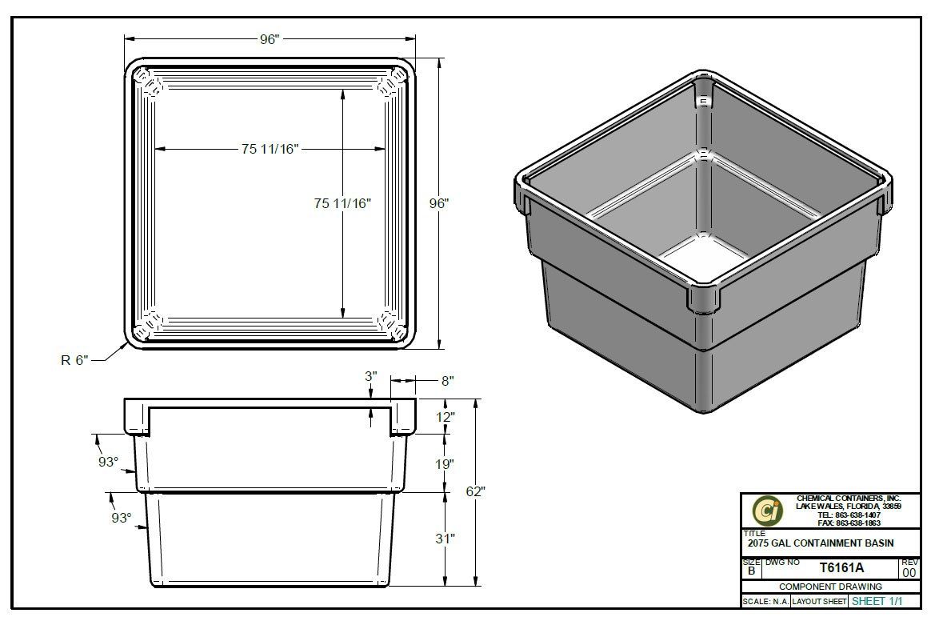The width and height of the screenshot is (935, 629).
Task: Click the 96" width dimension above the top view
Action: coord(270,39)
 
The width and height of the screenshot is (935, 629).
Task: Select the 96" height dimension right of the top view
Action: coord(439,203)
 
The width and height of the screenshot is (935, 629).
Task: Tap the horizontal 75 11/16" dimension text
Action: coord(270,149)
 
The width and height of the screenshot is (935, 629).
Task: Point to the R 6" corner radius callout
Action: coord(76,360)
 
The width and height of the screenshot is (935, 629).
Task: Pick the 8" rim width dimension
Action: coord(446,382)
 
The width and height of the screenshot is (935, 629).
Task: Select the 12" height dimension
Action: coord(446,417)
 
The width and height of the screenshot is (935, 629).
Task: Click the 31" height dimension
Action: coord(446,539)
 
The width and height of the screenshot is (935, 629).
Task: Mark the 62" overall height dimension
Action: coord(476,491)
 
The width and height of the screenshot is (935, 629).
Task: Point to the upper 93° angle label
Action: coord(108,463)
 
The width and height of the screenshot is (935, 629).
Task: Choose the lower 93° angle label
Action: coord(121,518)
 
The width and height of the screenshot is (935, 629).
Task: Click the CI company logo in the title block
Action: coord(767,511)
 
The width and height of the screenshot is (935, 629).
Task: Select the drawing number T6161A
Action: coord(841,568)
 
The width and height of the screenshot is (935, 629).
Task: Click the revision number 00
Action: coord(909,572)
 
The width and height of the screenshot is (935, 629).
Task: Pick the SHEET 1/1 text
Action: coord(879,601)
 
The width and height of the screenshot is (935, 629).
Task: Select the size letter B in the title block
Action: coord(751,571)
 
